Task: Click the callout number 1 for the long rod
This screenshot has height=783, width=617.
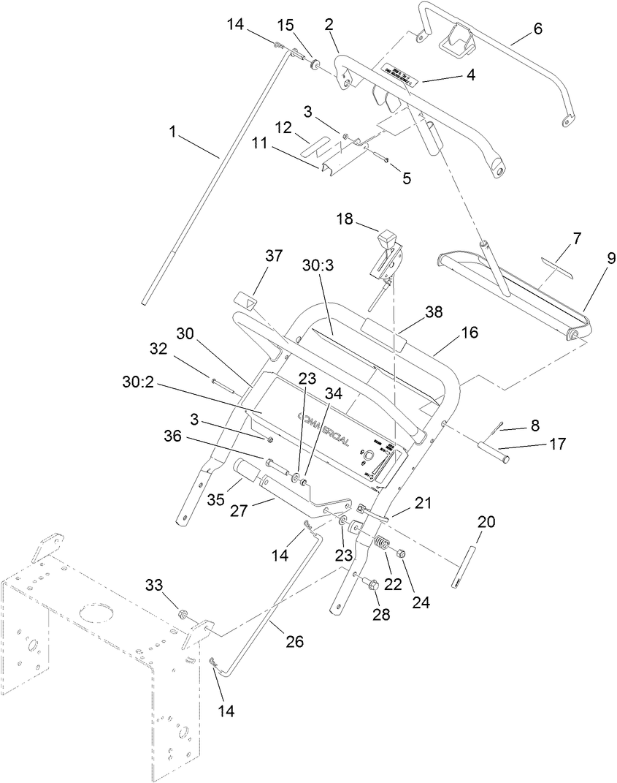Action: (x=172, y=132)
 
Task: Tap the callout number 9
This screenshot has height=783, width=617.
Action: (x=610, y=258)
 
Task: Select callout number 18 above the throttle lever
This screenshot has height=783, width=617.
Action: (x=345, y=219)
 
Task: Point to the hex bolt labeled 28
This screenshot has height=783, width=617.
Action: (x=370, y=584)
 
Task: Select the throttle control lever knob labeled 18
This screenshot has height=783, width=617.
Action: (x=386, y=239)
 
